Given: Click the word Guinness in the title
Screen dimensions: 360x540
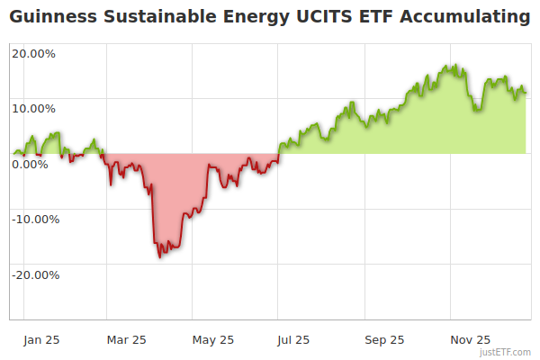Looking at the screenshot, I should pos(49,17).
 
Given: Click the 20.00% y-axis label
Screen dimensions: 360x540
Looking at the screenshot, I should pos(33,53).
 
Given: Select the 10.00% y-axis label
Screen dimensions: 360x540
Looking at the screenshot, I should pos(33,109).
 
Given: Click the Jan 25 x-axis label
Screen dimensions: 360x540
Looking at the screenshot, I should pos(41,340).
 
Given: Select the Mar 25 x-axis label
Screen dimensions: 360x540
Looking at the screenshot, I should pos(126,340).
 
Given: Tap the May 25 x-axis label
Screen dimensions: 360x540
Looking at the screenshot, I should pos(213,340).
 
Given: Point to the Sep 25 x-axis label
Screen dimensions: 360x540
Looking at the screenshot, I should pos(384,340).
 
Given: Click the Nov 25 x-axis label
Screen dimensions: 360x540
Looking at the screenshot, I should pos(470,340).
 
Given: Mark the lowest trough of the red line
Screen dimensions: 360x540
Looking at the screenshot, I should pos(160,256).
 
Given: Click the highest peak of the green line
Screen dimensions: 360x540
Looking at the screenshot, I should pos(455,65).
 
